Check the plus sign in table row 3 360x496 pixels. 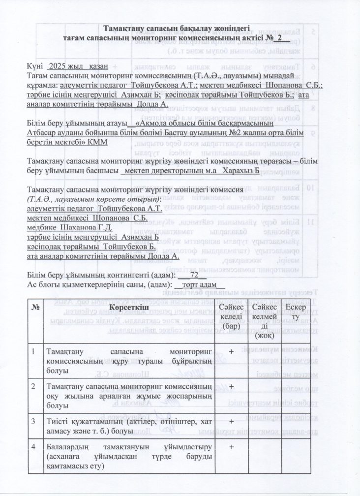(x=231, y=422)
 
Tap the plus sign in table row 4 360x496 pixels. (x=231, y=446)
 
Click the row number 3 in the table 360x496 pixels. (x=33, y=422)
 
